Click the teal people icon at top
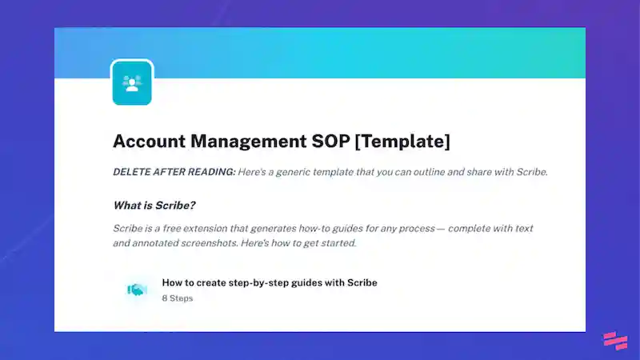[x=132, y=82]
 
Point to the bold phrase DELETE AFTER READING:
[x=174, y=173]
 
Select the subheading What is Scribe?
[x=154, y=205]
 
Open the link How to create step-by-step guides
[x=269, y=282]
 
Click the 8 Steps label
[x=177, y=298]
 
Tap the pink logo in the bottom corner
[x=614, y=340]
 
